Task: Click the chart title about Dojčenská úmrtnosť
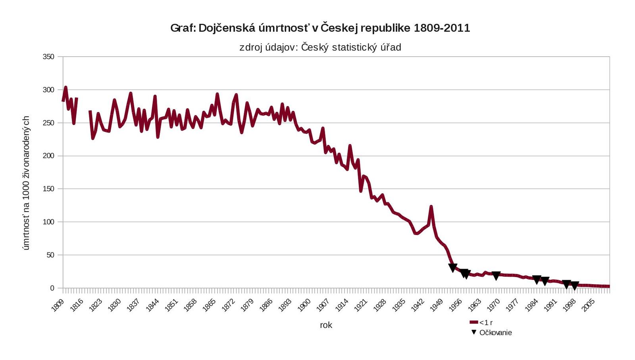(320, 28)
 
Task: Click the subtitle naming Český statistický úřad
(320, 48)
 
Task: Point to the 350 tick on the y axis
(48, 57)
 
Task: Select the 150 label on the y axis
(48, 189)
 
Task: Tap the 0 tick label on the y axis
(52, 288)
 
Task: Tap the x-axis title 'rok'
(326, 325)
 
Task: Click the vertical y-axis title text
(26, 183)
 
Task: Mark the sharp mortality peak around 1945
(431, 207)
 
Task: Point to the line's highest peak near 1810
(65, 87)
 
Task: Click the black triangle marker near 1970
(496, 275)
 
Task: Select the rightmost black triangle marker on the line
(574, 285)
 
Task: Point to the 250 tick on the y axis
(48, 123)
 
